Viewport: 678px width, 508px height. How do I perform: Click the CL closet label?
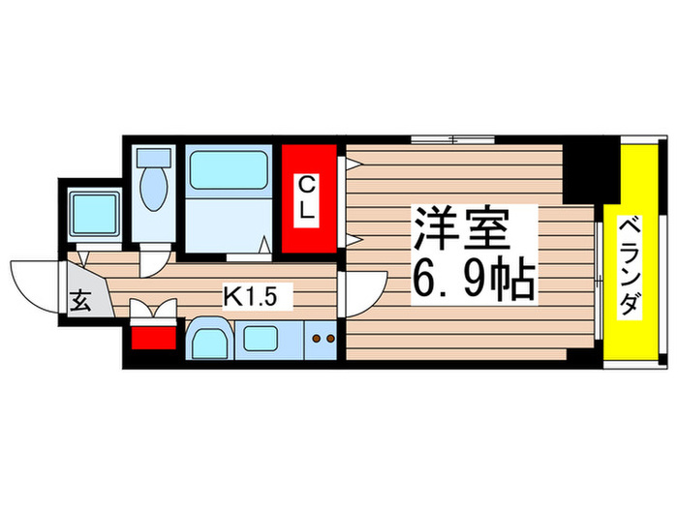(307, 198)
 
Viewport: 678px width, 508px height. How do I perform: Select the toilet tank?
(154, 156)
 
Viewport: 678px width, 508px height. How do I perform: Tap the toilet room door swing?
(154, 259)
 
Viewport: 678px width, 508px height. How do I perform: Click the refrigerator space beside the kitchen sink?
(207, 341)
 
